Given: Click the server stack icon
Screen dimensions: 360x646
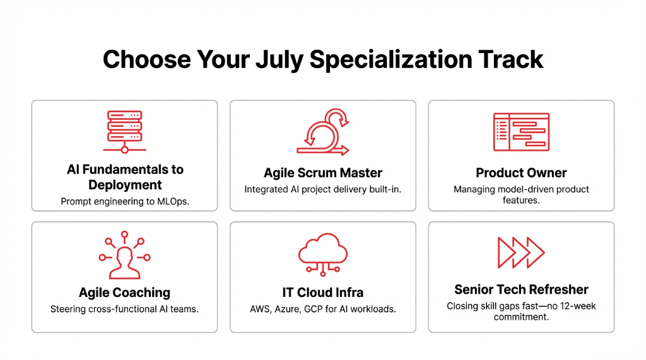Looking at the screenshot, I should coord(124,131).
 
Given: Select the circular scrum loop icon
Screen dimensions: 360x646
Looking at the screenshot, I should coord(323,131).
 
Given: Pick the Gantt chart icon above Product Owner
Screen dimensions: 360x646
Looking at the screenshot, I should coord(521,131).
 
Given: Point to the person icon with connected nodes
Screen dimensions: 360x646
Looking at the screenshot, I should coord(124,255).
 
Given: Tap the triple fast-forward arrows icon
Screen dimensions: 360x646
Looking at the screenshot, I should coord(521,253).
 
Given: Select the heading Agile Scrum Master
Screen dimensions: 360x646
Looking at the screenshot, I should coord(323,173).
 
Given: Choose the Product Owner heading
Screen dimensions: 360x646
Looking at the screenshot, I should coord(521,173).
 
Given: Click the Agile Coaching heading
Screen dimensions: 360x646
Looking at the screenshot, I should coord(124,293).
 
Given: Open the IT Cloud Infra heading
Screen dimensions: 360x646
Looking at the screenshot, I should coord(323,293).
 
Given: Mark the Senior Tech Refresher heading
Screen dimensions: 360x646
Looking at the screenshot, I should coord(521,289).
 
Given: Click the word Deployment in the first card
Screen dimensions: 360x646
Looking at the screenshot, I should coord(125,185).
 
